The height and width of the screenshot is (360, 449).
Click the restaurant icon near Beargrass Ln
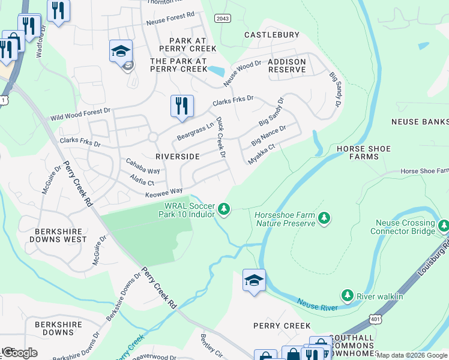click(x=182, y=106)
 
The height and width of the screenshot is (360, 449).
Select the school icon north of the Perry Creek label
click(x=254, y=280)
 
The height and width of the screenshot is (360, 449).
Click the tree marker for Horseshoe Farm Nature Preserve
click(x=324, y=217)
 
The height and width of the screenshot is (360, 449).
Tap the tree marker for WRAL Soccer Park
click(x=224, y=208)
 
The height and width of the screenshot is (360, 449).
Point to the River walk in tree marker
click(x=347, y=295)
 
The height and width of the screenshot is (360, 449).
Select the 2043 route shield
click(x=221, y=19)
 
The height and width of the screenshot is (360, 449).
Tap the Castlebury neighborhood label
click(x=271, y=35)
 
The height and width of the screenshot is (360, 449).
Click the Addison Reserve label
click(x=287, y=65)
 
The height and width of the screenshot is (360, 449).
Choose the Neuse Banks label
click(x=420, y=122)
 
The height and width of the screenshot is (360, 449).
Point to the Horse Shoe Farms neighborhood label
click(x=363, y=152)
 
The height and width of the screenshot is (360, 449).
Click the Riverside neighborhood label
click(x=177, y=156)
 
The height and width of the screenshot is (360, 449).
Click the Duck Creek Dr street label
click(x=220, y=137)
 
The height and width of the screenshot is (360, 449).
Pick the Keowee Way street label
click(x=164, y=191)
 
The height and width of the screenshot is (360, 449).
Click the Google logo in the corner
click(x=19, y=352)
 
